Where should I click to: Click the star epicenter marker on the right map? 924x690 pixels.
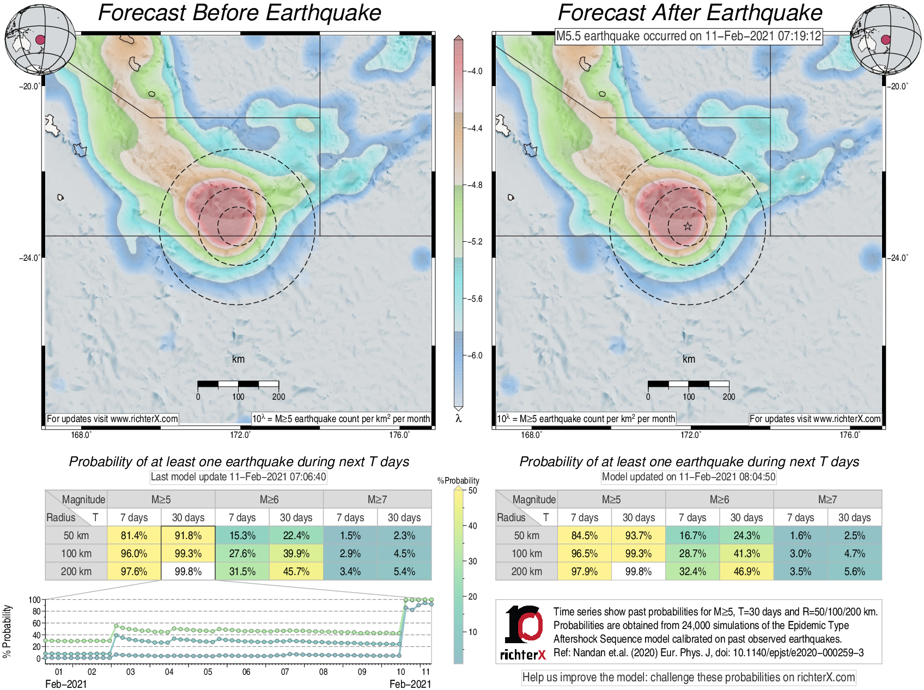(x=688, y=226)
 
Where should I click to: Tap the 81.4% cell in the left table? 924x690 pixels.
(x=134, y=535)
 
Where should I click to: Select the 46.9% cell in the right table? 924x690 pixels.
(x=746, y=571)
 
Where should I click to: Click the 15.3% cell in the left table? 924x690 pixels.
(x=242, y=535)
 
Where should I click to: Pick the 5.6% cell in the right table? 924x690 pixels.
(x=854, y=571)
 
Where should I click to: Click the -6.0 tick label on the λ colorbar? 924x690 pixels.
(x=476, y=356)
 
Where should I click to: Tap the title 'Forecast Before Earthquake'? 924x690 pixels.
(x=239, y=13)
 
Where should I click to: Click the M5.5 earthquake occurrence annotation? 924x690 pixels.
(x=688, y=36)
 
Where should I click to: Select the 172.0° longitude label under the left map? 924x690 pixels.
(x=240, y=435)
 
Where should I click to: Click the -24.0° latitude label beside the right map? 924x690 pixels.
(x=897, y=258)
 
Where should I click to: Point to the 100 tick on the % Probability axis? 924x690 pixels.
(x=34, y=600)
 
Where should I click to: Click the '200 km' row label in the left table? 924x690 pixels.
(x=76, y=571)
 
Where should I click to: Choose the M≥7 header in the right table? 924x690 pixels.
(x=827, y=499)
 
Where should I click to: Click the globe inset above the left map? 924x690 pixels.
(x=40, y=39)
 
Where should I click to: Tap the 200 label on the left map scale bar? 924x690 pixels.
(x=278, y=396)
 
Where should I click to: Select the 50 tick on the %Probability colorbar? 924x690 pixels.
(x=472, y=490)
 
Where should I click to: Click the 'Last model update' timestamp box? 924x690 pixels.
(x=238, y=477)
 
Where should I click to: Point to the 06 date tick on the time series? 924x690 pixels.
(x=246, y=671)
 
